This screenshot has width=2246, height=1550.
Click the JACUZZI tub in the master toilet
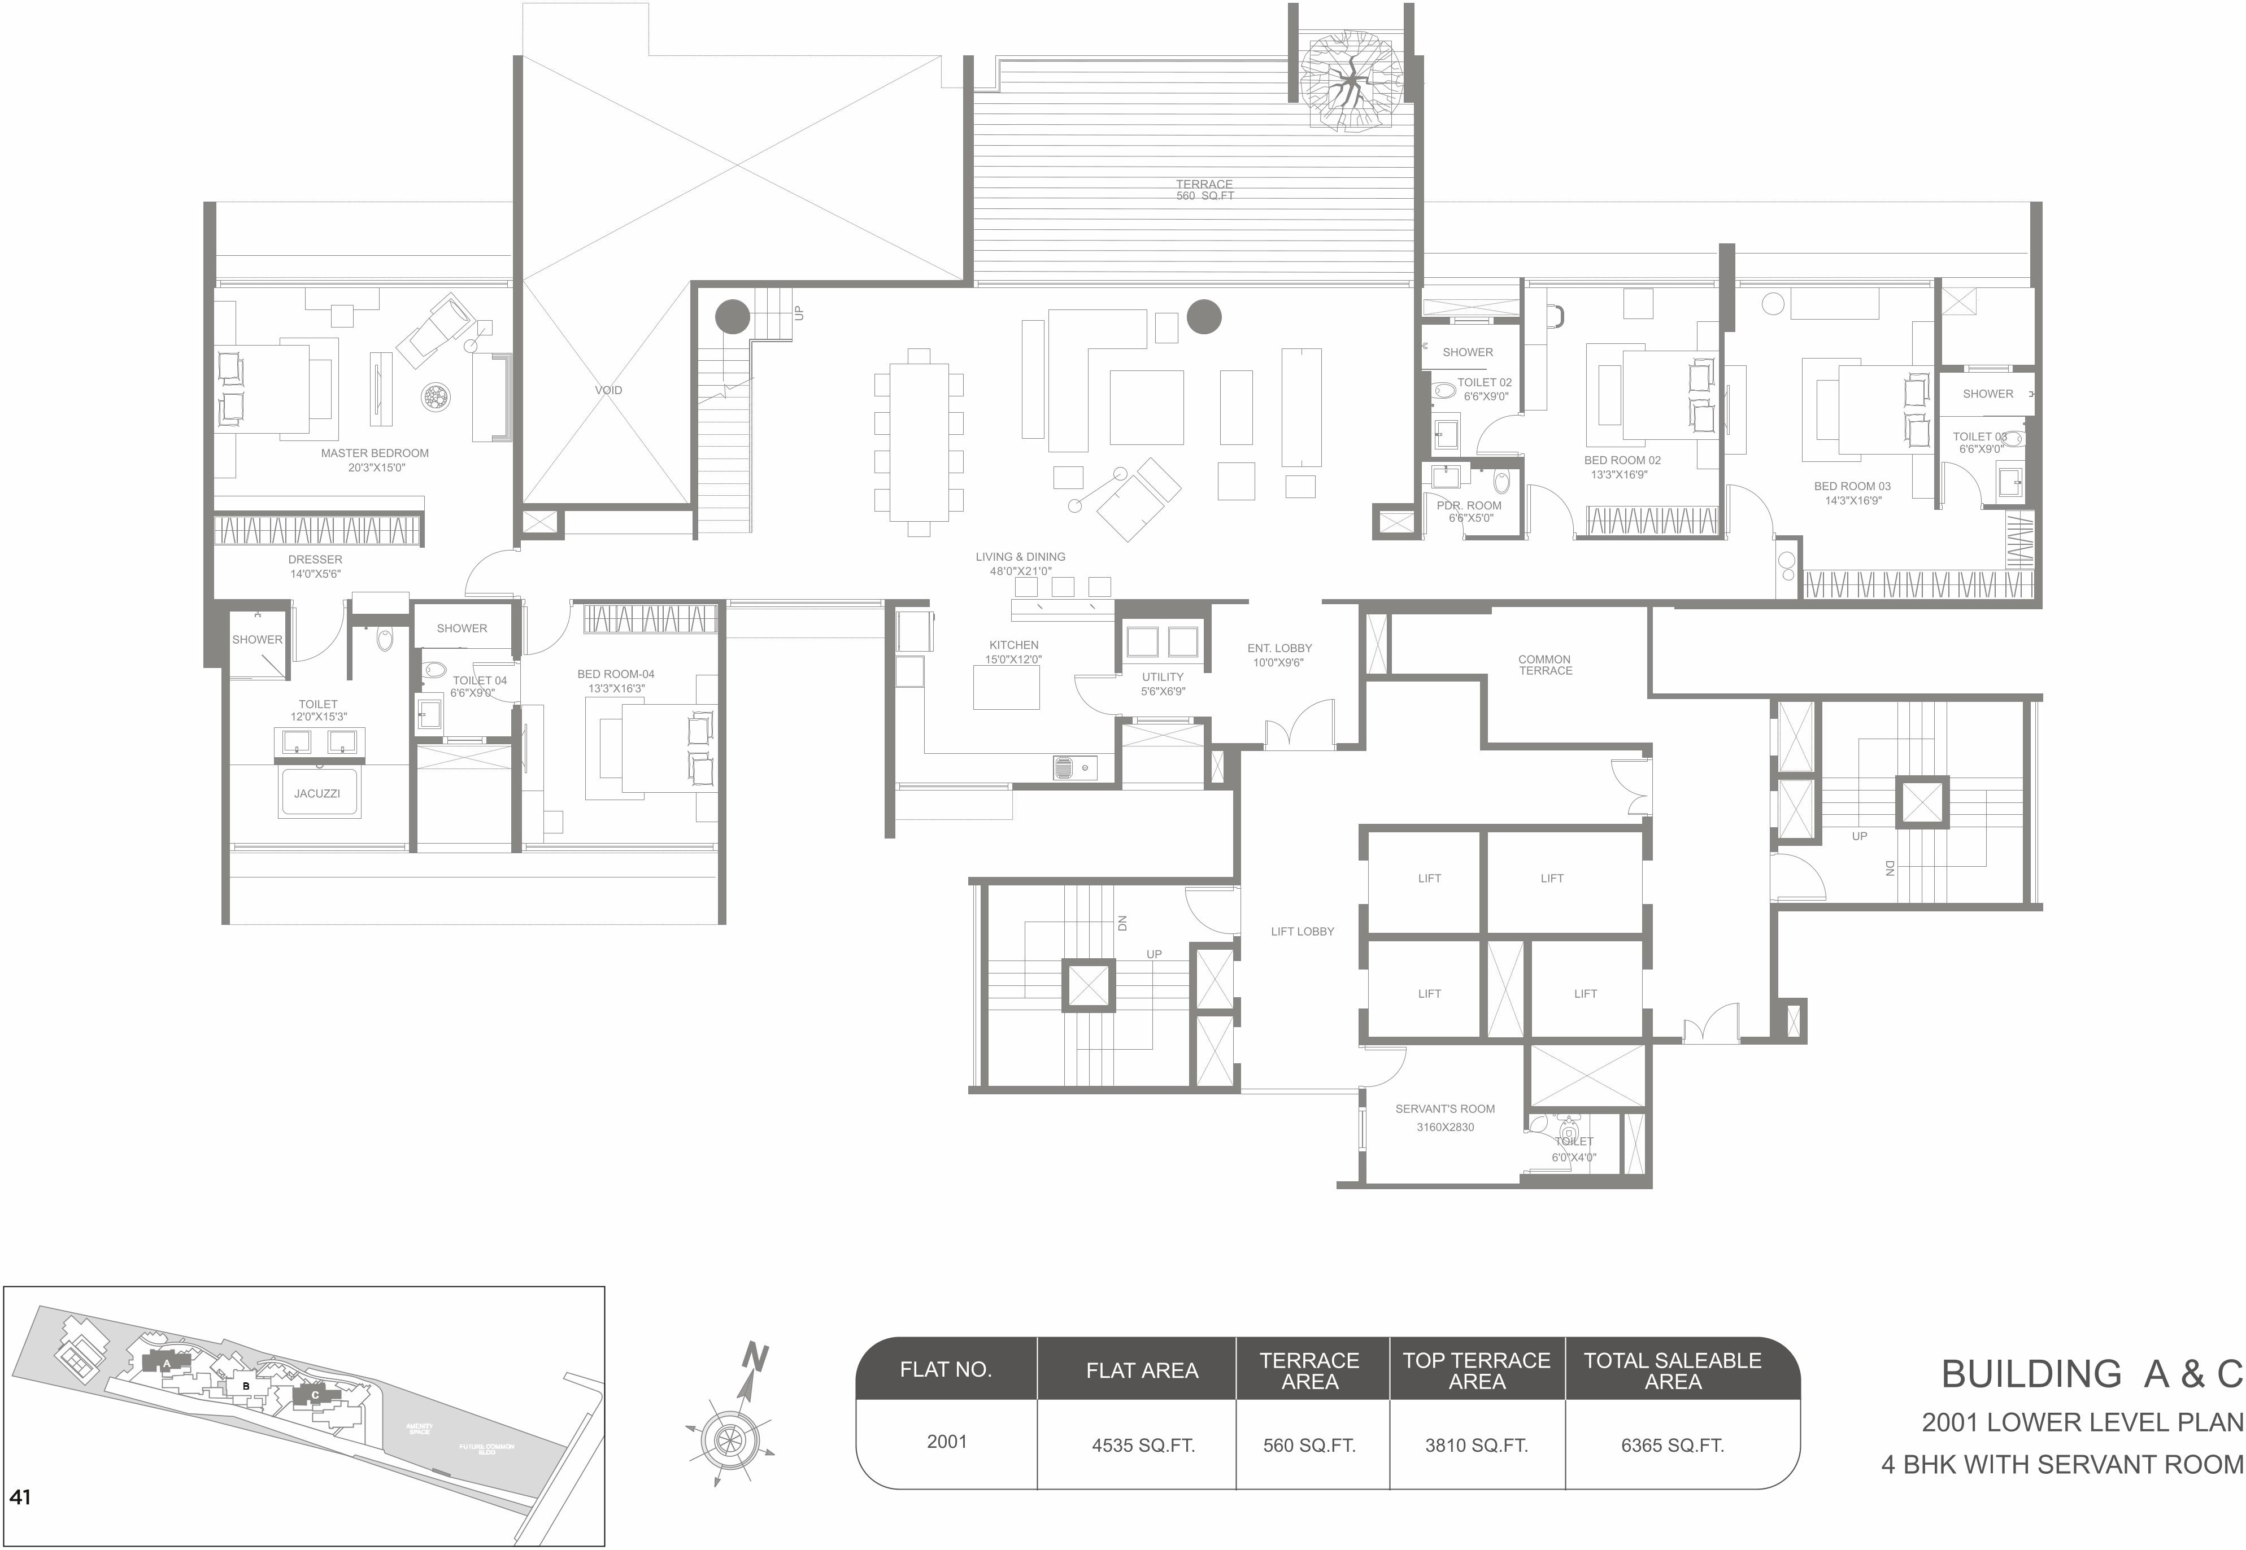point(317,793)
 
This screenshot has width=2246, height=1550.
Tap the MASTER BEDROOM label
point(375,453)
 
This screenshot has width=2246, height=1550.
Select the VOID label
point(608,390)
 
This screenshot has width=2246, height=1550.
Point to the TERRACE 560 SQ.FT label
point(1204,189)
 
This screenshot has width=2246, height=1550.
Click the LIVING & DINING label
point(1020,557)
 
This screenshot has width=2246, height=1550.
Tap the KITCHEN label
point(1013,645)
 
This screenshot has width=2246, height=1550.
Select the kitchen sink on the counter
point(1067,767)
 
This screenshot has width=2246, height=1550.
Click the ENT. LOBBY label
point(1279,649)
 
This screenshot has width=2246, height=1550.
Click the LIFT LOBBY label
point(1302,931)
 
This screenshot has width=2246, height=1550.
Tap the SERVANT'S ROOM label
point(1444,1109)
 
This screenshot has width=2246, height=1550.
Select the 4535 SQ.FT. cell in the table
point(1142,1445)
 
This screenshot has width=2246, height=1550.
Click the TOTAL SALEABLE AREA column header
point(1672,1370)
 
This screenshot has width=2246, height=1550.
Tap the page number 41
point(20,1497)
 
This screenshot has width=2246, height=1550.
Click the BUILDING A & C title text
point(2091,1374)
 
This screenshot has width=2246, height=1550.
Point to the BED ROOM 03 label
point(1852,487)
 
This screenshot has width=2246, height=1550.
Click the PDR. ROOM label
point(1469,506)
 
